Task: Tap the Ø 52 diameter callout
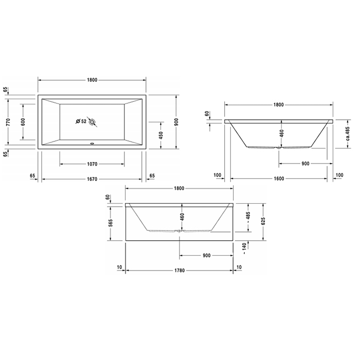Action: pos(81,121)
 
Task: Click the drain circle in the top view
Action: pos(93,122)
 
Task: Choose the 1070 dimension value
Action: pos(92,164)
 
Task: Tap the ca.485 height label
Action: pos(347,135)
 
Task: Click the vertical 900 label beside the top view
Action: pos(175,122)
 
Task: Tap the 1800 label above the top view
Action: pos(92,80)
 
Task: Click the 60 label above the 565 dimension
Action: pos(108,197)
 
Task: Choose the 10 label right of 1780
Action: pos(238,267)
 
